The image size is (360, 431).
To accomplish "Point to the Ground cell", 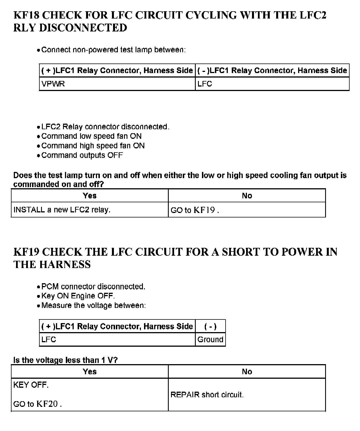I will [x=210, y=339].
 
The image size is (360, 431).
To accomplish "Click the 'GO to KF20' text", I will [x=37, y=404].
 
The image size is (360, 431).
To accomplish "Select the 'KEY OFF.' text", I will [x=31, y=385].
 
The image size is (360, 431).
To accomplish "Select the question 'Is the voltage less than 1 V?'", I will [x=65, y=360].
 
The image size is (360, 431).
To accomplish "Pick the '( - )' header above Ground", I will [x=210, y=326].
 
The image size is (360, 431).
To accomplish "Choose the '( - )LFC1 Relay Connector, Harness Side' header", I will [x=272, y=71].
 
